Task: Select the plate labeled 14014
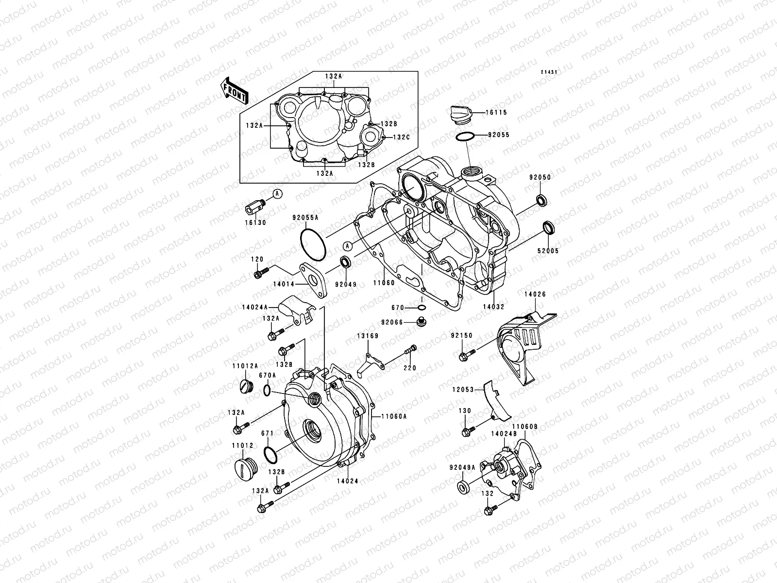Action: tap(314, 277)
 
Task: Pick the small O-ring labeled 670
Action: tap(422, 308)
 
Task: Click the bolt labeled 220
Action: tap(411, 349)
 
